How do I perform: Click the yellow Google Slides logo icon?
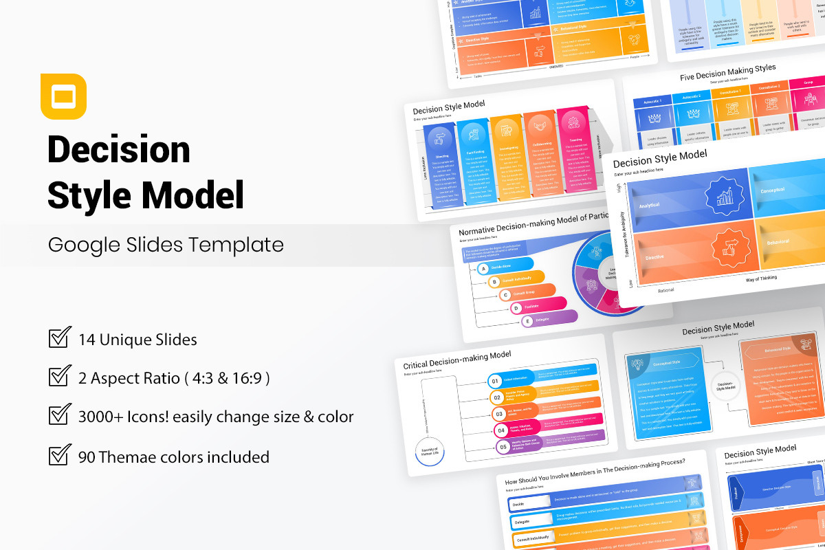coord(63,96)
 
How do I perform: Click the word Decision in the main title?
coord(119,149)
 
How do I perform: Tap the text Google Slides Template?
coord(166,245)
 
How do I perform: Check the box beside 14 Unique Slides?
coord(60,338)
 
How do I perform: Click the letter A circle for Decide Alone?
coord(484,269)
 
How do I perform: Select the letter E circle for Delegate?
coord(528,321)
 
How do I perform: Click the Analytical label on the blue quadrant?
coord(649,205)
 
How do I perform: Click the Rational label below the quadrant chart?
coord(665,290)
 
